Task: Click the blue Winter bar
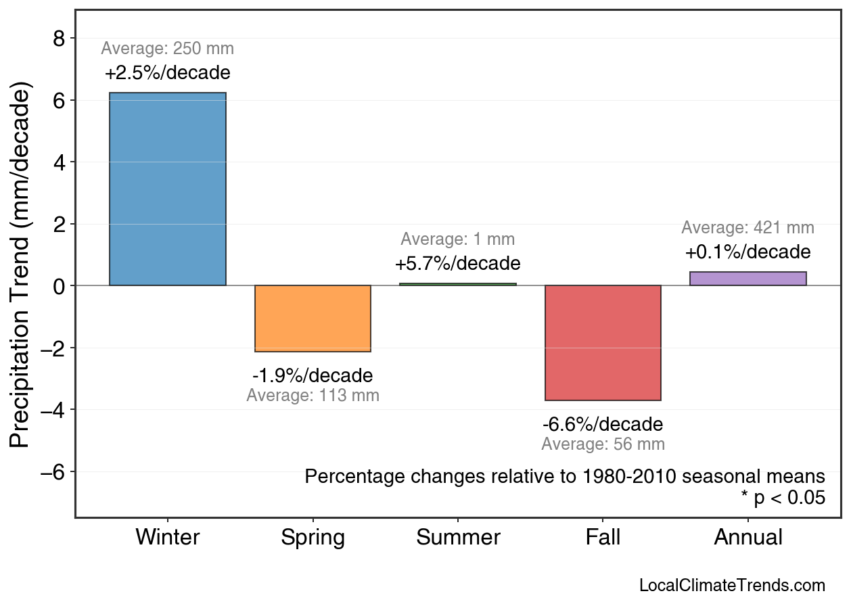[168, 189]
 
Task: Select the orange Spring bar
[313, 319]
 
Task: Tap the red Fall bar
[603, 343]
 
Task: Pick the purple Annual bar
[747, 279]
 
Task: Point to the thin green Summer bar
[458, 284]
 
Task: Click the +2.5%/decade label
[168, 73]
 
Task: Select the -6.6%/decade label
[603, 425]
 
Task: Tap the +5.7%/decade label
[458, 263]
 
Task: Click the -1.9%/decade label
[313, 375]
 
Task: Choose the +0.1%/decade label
[747, 252]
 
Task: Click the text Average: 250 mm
[168, 49]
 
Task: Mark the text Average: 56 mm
[603, 444]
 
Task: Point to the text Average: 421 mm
[747, 228]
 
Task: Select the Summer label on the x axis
[458, 538]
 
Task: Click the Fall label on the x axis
[603, 538]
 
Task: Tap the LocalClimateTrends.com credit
[732, 586]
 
